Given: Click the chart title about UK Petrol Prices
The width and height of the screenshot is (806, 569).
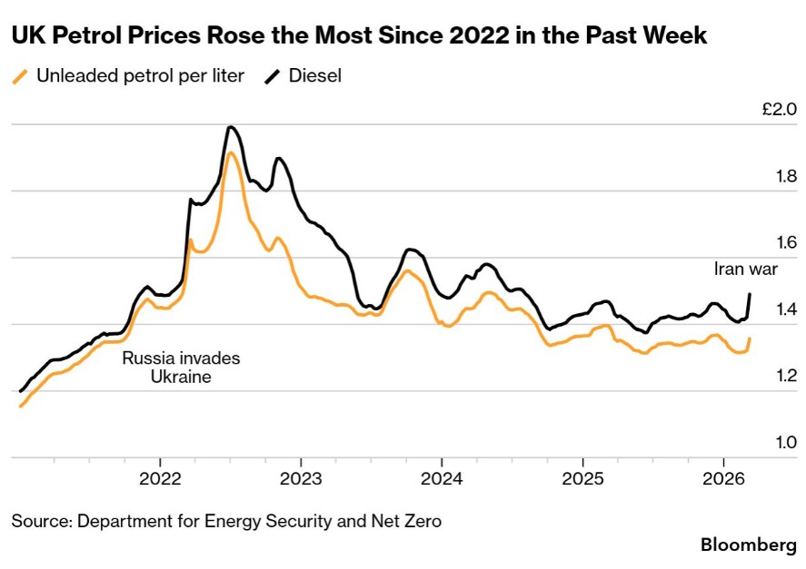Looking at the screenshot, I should tap(359, 37).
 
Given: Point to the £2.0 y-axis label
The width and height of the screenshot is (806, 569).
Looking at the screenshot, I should tap(780, 110).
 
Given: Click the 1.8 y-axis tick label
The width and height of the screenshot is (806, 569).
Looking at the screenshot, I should tap(784, 176).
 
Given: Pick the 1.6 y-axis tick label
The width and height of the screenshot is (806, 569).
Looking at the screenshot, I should tap(784, 243).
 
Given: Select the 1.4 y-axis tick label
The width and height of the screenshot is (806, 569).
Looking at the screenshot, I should tap(784, 309).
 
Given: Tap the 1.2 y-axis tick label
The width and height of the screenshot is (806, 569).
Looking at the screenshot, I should tap(784, 376).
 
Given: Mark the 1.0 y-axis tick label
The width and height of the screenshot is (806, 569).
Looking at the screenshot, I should tap(784, 443).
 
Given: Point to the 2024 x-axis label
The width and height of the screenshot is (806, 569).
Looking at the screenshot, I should tap(442, 477).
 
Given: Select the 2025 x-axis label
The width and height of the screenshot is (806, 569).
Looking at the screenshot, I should tap(582, 477).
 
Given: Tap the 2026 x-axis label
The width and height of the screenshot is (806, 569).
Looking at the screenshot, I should tap(722, 477).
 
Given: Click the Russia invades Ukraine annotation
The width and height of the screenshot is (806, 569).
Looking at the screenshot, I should tap(181, 367).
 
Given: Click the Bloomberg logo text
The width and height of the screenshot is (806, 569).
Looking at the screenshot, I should tap(748, 544).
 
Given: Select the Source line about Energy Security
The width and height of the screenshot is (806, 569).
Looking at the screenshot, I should tap(226, 521).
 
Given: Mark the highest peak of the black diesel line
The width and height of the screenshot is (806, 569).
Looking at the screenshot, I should tap(231, 127).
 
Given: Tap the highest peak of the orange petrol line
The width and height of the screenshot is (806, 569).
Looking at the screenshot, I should tap(231, 152).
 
